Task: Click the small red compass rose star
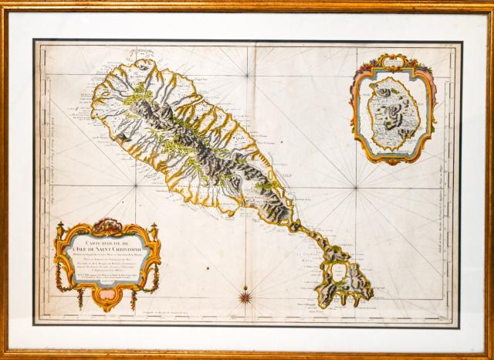coord(246,294)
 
